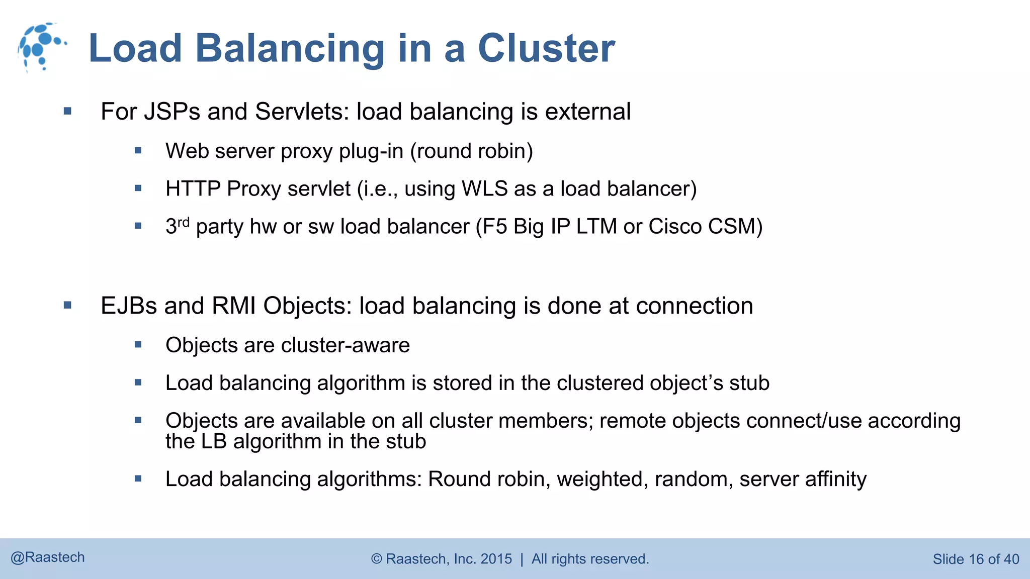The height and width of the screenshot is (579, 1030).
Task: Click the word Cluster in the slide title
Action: [546, 48]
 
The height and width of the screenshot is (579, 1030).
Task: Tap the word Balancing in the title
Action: [290, 48]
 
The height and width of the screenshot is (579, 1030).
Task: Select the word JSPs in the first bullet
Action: [172, 112]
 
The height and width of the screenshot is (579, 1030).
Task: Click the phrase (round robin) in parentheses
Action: [471, 151]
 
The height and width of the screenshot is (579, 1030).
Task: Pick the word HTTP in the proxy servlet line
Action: [193, 189]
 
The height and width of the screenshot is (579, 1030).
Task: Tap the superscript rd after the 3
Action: [184, 222]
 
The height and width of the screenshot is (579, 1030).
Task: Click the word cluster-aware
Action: [346, 345]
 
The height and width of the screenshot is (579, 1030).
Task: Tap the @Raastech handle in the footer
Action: [48, 557]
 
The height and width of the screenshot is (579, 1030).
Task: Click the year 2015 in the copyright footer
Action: [496, 559]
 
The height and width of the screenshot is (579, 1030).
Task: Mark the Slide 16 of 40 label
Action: [976, 559]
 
